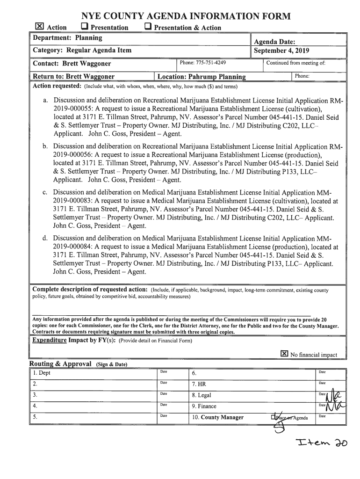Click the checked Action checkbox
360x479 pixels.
[40, 27]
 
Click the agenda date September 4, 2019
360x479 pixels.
[281, 51]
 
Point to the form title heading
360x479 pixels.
[180, 16]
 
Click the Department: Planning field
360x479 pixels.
[67, 37]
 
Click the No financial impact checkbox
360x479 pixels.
[284, 354]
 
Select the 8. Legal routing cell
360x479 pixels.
[202, 395]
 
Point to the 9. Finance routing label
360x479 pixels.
[204, 406]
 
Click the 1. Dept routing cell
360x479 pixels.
[42, 373]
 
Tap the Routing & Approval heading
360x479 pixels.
[61, 364]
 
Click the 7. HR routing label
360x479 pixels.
[199, 384]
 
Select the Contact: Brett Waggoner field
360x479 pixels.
[72, 64]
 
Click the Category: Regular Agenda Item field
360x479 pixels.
[82, 50]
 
